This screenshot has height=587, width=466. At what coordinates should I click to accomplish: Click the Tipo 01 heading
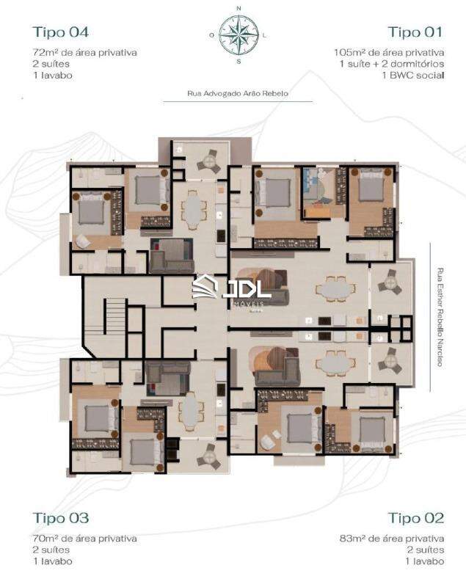point(415,32)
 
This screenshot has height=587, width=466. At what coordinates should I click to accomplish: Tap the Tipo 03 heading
point(60,518)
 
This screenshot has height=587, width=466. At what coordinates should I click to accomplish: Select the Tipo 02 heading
point(415,518)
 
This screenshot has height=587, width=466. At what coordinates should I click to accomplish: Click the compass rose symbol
point(238,34)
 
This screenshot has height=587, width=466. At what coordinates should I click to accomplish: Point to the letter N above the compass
point(238,8)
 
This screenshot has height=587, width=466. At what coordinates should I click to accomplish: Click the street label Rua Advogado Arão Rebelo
point(237,94)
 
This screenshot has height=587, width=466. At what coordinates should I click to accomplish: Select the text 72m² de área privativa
point(84,53)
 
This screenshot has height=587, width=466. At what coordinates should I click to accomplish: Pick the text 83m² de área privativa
point(391,539)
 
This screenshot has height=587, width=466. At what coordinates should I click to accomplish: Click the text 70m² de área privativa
point(84,539)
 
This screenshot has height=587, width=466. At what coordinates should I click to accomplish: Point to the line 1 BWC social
point(412,75)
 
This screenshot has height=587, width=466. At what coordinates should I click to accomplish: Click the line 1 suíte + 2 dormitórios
point(391,64)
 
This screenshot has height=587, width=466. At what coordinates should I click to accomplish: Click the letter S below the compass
point(238,61)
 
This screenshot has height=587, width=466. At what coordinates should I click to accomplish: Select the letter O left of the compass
point(212,34)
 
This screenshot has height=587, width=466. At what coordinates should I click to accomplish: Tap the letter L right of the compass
point(264,34)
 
